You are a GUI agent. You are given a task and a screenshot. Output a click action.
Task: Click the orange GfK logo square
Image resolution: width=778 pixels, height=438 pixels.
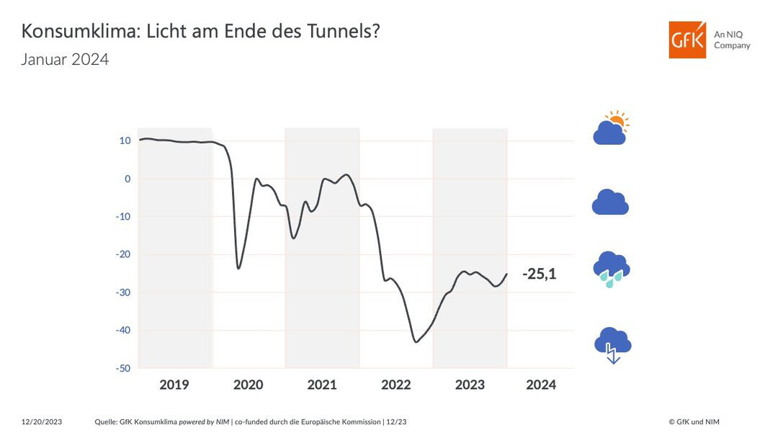[687, 40]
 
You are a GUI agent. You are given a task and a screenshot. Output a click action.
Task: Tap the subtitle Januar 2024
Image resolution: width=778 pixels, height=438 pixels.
[65, 60]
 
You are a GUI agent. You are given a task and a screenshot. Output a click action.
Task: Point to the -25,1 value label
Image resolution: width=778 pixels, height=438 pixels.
[539, 274]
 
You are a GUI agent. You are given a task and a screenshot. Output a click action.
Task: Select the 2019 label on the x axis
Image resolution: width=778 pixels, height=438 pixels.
[174, 385]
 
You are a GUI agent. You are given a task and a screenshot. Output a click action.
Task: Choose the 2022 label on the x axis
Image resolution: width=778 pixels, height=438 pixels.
[396, 385]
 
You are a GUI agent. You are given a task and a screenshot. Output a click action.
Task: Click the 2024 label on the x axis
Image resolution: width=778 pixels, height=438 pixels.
[541, 385]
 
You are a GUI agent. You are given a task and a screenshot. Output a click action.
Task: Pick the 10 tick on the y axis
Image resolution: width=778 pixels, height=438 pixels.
[125, 140]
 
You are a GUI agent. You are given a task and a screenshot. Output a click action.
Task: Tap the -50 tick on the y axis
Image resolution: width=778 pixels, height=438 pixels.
[122, 368]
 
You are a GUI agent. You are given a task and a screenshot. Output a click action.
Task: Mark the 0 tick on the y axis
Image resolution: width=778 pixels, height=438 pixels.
[127, 179]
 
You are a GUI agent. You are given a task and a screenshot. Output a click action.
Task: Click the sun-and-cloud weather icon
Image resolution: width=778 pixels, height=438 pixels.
[611, 128]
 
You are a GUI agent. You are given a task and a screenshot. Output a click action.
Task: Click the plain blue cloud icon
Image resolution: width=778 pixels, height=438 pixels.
[610, 202]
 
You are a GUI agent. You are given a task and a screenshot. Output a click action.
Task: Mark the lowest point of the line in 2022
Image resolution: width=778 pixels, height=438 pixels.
[416, 341]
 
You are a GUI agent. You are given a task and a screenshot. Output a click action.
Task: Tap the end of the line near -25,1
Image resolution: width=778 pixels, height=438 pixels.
[506, 274]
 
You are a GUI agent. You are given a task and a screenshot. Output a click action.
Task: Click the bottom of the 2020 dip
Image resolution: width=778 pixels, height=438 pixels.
[238, 269]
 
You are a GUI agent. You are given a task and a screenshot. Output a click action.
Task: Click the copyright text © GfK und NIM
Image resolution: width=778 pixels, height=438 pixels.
[694, 421]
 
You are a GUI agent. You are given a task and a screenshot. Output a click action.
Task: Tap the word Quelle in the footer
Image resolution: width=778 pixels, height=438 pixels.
[107, 421]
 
